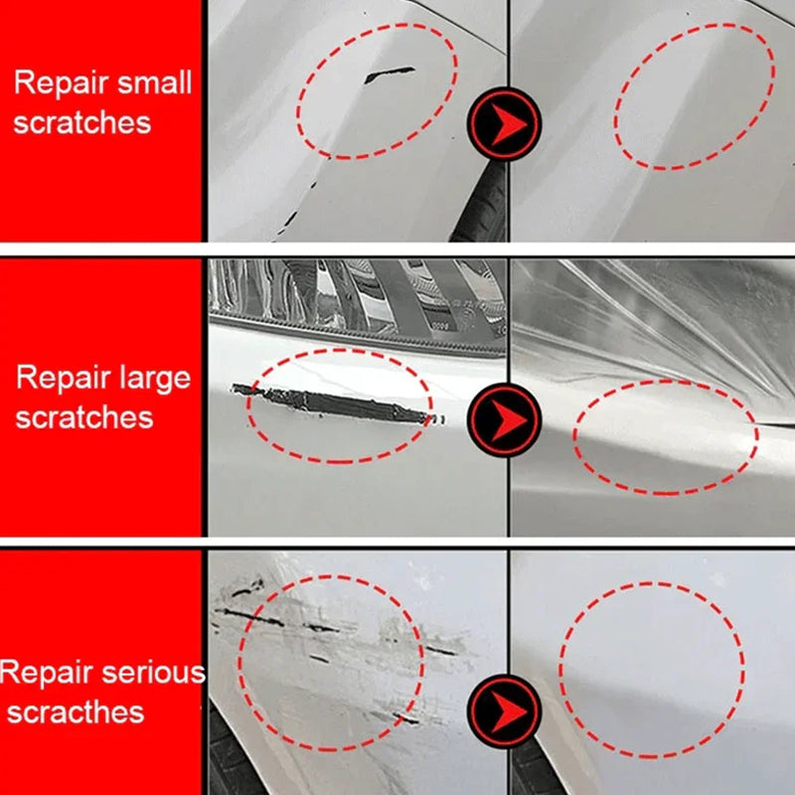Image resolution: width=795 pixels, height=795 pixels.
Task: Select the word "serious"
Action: click(x=153, y=673)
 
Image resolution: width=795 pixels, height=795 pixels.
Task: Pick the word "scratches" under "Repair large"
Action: click(x=84, y=416)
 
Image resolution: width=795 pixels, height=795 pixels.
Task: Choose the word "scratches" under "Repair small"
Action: click(x=82, y=122)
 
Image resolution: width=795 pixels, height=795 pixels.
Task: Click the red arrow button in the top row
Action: click(x=505, y=124)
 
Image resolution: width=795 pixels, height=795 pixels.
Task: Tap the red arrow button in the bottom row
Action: click(x=505, y=710)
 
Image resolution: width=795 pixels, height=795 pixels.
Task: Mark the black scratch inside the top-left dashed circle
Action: click(x=390, y=74)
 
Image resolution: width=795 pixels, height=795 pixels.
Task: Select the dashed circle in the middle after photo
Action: click(x=666, y=437)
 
